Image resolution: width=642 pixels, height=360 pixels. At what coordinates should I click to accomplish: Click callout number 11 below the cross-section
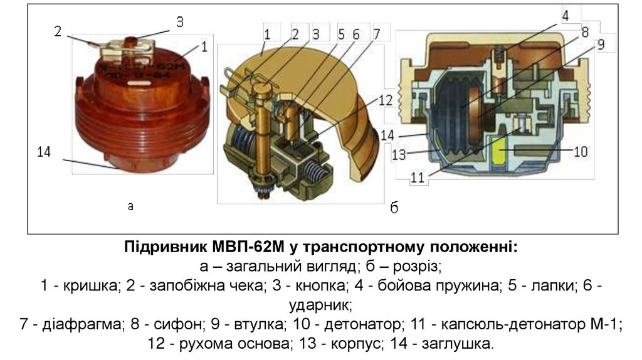[x=418, y=177]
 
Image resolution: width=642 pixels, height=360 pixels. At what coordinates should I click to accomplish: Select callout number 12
[x=384, y=100]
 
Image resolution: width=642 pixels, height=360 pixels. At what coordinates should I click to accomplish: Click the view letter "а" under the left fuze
[x=130, y=205]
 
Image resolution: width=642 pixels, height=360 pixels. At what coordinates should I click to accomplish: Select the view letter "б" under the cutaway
[x=394, y=208]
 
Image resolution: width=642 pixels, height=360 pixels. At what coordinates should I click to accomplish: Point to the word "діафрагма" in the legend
[x=73, y=326]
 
